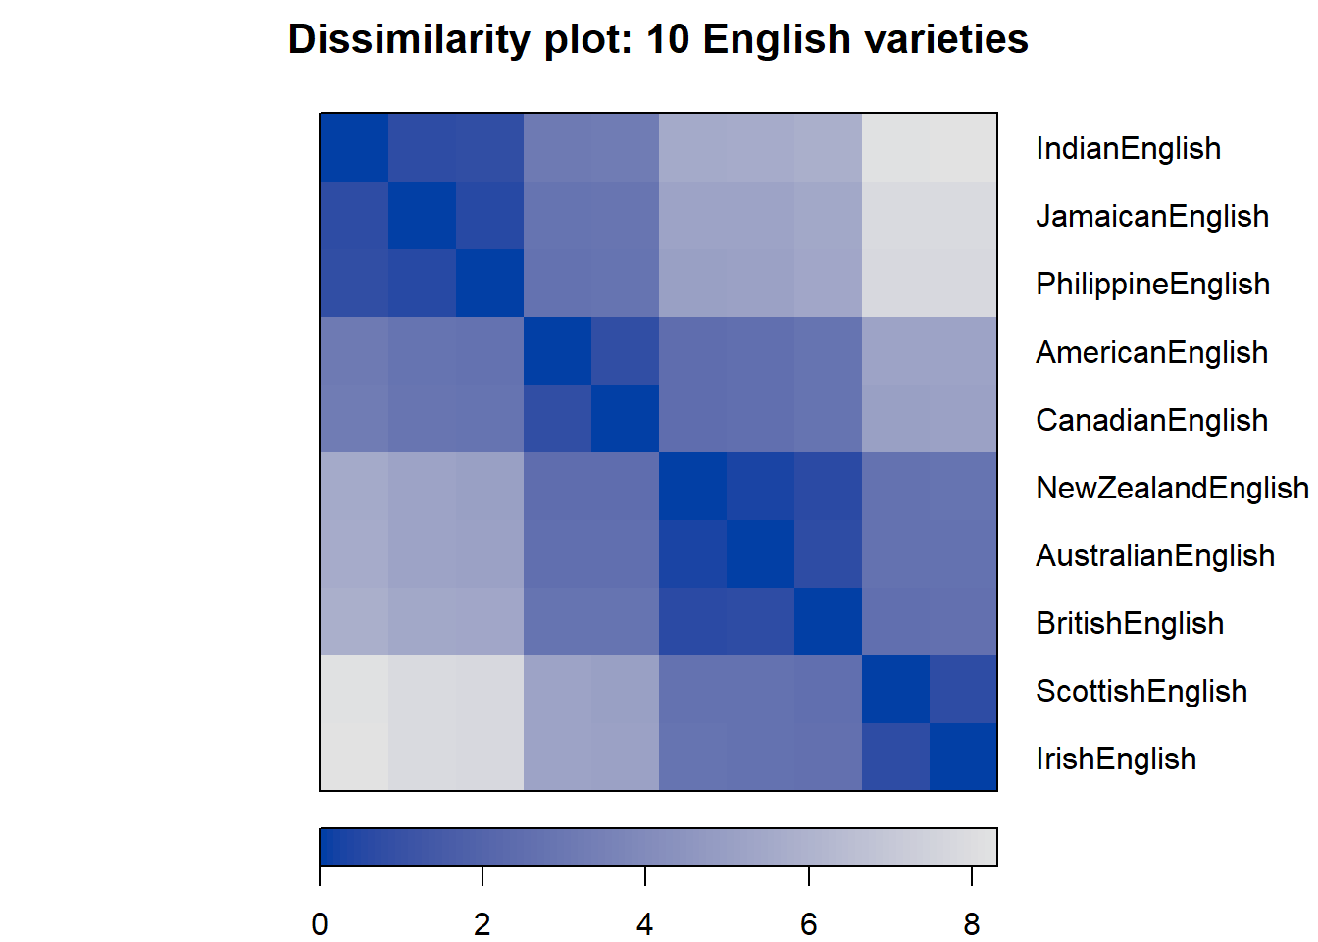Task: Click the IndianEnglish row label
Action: pyautogui.click(x=1128, y=148)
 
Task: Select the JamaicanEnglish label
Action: pyautogui.click(x=1152, y=216)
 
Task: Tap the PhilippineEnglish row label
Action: pyautogui.click(x=1152, y=284)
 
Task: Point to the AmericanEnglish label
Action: pyautogui.click(x=1151, y=352)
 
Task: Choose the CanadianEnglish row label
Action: pyautogui.click(x=1151, y=420)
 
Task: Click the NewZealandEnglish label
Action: pyautogui.click(x=1171, y=488)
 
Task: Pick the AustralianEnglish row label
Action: pyautogui.click(x=1155, y=555)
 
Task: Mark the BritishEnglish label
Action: pyautogui.click(x=1130, y=623)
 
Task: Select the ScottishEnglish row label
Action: pyautogui.click(x=1141, y=691)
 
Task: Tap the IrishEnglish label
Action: pyautogui.click(x=1116, y=759)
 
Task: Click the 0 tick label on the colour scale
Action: pyautogui.click(x=320, y=924)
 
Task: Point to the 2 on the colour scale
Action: pyautogui.click(x=482, y=924)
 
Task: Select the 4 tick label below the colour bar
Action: pyautogui.click(x=645, y=924)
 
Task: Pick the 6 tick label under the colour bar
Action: pyautogui.click(x=809, y=924)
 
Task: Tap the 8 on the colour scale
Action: pyautogui.click(x=972, y=924)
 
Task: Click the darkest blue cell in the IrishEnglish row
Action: pyautogui.click(x=963, y=757)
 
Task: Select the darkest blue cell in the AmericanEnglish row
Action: pyautogui.click(x=557, y=350)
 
